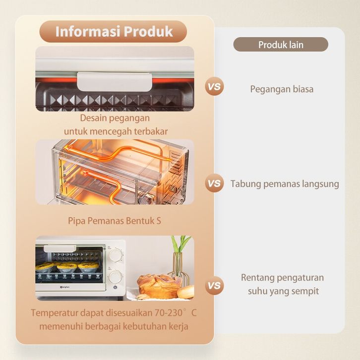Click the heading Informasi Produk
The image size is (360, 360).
pos(114,31)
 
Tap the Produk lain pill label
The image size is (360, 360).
pos(281,45)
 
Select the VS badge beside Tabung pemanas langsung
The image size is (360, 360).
pos(214,183)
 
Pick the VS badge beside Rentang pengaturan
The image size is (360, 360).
pos(214,286)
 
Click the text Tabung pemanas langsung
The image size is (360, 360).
pos(285,184)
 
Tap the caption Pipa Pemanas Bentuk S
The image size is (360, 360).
pos(115,221)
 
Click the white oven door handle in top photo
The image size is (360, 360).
pos(114,80)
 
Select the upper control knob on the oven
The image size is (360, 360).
pos(116,255)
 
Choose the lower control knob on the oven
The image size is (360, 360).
pos(116,276)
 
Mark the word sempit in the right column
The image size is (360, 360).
pos(303,291)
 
